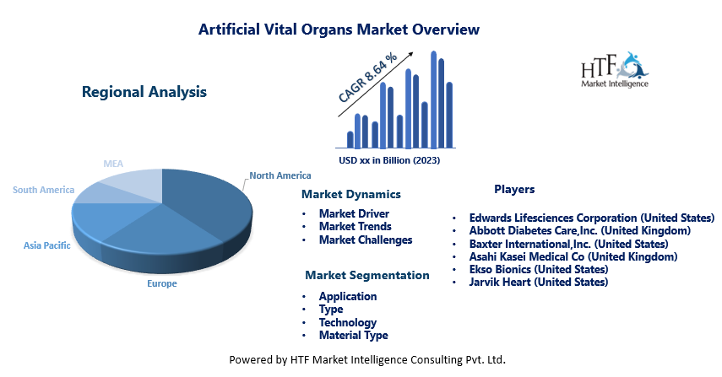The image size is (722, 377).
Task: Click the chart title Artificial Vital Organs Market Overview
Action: coord(339,30)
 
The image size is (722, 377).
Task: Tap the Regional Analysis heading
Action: coord(144,92)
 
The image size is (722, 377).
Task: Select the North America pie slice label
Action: coord(280,175)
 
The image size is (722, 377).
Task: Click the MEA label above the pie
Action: coord(113,164)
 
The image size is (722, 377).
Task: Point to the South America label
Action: coord(43,190)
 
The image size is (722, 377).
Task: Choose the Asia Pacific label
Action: coord(47,245)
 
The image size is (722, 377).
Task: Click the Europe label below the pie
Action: coord(161,283)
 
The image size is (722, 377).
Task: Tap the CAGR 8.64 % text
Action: coord(367,78)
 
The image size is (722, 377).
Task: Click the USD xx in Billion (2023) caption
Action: coord(389,160)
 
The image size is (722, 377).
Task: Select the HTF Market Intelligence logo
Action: coord(615,70)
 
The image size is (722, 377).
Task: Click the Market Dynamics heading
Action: coord(351,194)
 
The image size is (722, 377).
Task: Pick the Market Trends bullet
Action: coord(355,226)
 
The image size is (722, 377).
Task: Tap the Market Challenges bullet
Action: coord(366,240)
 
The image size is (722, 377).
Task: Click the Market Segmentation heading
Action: coord(367,275)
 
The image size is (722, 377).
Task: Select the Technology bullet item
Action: coord(348,322)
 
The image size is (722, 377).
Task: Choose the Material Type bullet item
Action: coord(353,335)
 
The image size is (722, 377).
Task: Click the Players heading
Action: coord(514,189)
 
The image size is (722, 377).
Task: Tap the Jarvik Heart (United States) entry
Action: coord(538,282)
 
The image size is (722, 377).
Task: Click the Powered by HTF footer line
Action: coord(367,359)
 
